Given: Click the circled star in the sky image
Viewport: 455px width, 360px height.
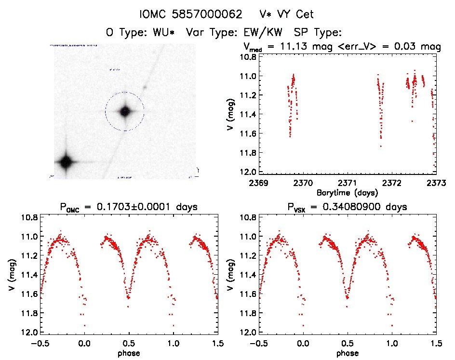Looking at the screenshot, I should [125, 111].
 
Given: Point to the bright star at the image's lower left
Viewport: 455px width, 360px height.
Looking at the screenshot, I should [65, 162].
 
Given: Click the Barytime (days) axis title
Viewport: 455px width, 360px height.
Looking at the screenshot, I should [348, 192].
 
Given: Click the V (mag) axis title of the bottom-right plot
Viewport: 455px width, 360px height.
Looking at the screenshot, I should [232, 275].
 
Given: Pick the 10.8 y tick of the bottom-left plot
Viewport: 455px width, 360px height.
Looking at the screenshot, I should [29, 217].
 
